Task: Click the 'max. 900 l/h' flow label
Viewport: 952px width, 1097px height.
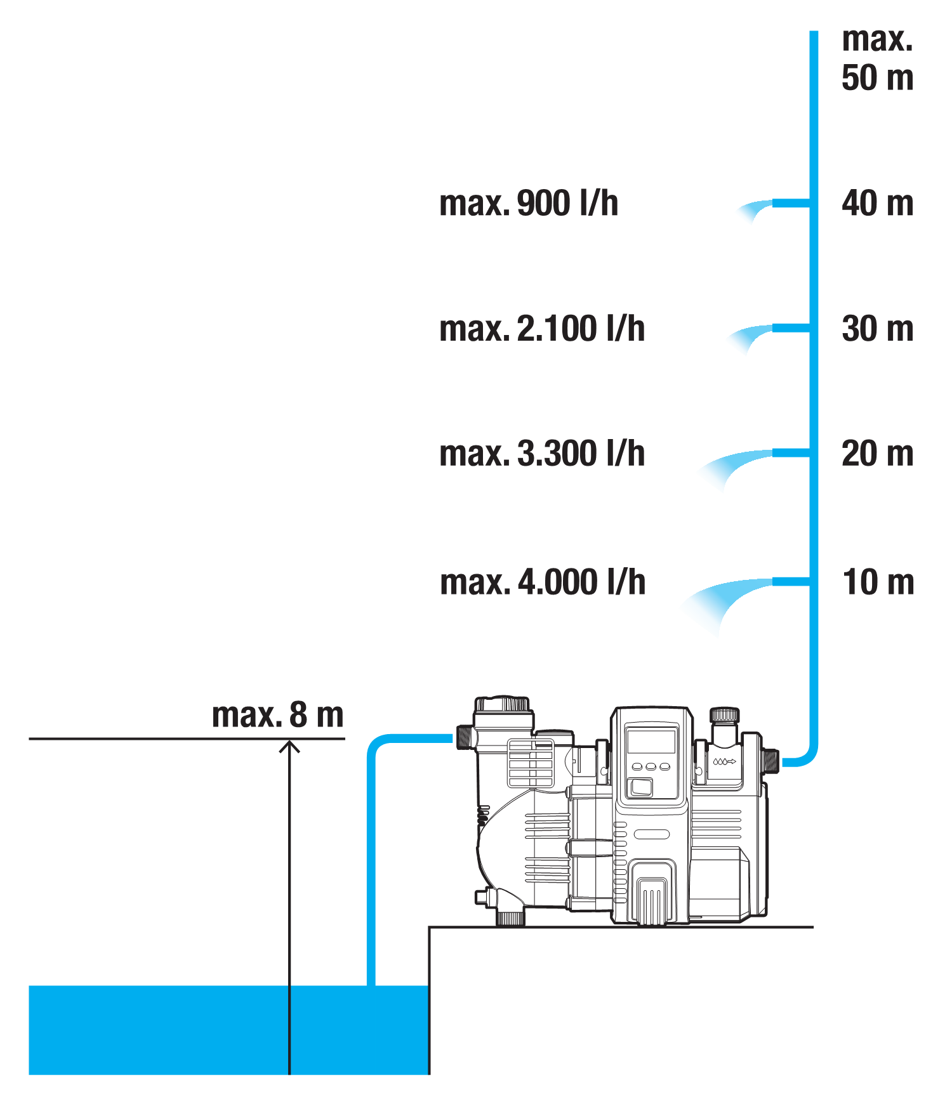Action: [x=528, y=203]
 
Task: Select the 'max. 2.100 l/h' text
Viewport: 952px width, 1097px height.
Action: [x=541, y=329]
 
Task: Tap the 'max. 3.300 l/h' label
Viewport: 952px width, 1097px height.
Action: [x=541, y=454]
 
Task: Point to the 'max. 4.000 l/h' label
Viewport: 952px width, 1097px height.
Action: [x=543, y=582]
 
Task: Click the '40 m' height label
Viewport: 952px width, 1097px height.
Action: [x=877, y=204]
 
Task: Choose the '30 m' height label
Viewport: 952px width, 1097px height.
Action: [x=877, y=329]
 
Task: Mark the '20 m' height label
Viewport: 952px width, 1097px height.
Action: [x=877, y=454]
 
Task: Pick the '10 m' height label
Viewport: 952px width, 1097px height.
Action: [x=878, y=582]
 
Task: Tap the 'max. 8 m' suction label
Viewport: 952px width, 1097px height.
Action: [x=277, y=715]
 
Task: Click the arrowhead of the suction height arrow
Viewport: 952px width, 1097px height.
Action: [x=289, y=746]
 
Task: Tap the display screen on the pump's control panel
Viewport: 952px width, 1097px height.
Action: [x=651, y=740]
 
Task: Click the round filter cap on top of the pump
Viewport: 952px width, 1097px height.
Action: [x=502, y=704]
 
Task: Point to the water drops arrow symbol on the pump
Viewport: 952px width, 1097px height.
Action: [x=724, y=761]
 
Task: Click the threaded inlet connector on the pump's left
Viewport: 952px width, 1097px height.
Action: [x=464, y=737]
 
